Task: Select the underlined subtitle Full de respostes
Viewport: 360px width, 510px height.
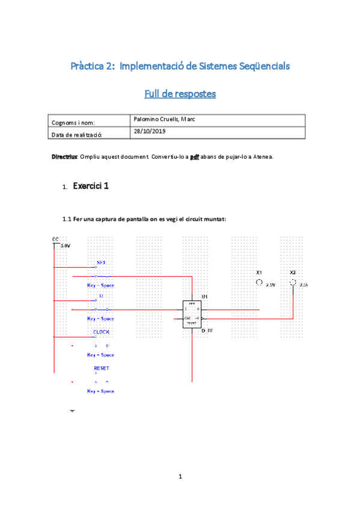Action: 180,94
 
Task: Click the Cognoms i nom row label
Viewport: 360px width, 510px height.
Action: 73,123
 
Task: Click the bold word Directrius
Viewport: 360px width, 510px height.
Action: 64,156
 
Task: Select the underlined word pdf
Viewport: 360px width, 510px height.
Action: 195,156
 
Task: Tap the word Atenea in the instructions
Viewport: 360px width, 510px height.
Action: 261,156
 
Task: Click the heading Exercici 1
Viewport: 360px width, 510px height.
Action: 91,186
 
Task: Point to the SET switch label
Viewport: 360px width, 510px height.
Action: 101,263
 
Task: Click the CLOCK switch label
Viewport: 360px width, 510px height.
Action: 101,332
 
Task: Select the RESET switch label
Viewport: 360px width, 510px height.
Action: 101,367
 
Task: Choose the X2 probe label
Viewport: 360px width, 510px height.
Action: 293,272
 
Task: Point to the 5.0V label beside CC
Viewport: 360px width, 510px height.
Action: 66,246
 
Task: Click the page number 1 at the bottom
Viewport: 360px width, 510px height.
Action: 180,477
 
